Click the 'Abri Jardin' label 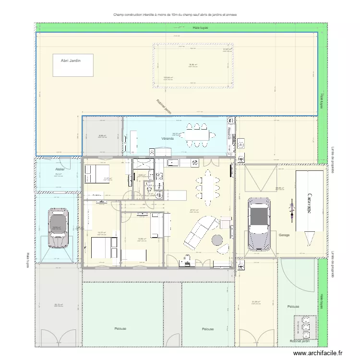[x=71, y=60]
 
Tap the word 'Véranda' [x=168, y=139]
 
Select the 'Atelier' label [x=60, y=169]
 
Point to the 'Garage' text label [x=283, y=235]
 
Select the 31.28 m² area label [x=256, y=302]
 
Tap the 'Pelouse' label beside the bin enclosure [x=293, y=306]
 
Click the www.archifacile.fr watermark [x=319, y=353]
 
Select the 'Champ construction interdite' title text [x=175, y=15]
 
